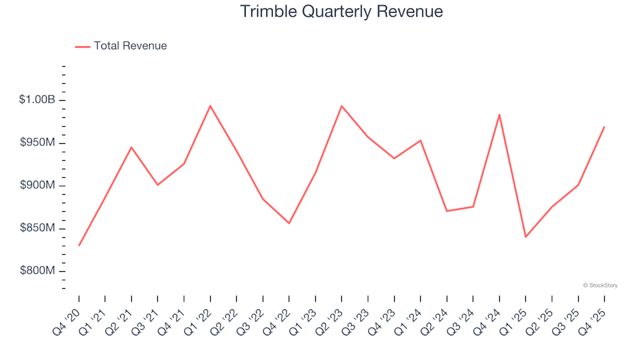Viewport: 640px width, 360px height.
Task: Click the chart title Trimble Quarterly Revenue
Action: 341,12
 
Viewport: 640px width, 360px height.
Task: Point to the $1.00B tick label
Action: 37,100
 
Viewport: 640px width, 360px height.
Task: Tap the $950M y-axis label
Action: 38,143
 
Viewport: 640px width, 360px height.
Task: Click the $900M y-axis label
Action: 38,185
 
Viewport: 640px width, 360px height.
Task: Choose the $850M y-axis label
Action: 38,229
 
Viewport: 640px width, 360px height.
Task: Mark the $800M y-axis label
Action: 38,271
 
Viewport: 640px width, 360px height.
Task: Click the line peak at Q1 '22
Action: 210,105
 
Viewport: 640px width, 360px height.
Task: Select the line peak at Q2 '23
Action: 341,106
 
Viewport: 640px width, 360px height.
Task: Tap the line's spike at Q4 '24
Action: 499,115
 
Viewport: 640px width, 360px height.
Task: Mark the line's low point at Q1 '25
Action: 525,237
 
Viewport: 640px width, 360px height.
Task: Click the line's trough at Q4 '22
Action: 289,223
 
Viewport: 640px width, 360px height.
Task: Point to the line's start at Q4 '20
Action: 79,245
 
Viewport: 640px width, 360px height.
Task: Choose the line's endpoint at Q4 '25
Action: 604,127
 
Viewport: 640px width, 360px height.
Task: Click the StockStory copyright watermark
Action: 600,285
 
